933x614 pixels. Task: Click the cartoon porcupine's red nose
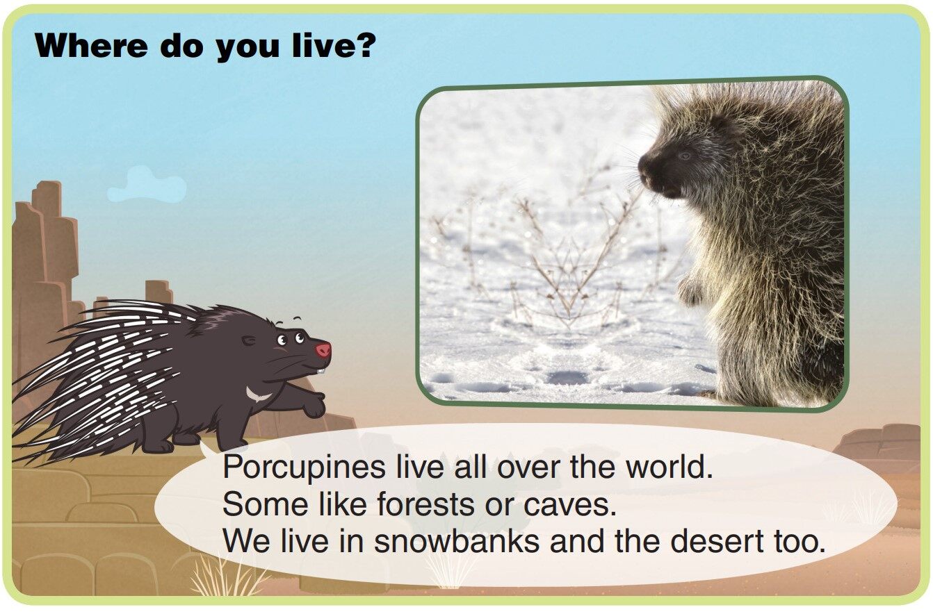coord(323,349)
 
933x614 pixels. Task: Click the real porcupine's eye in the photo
coord(685,155)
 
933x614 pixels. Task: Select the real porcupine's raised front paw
coord(690,292)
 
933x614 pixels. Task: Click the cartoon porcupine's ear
coord(248,340)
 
